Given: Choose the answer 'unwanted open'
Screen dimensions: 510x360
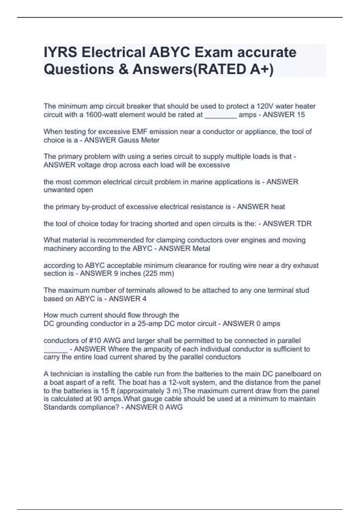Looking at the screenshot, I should (x=68, y=190).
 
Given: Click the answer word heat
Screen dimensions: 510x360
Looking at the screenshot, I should (x=278, y=207).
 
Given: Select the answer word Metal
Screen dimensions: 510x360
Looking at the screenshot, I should (x=201, y=248).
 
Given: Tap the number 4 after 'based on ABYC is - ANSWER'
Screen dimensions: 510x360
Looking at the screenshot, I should (x=144, y=298).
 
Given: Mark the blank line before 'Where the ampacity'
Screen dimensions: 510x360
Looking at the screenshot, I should (x=55, y=349).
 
